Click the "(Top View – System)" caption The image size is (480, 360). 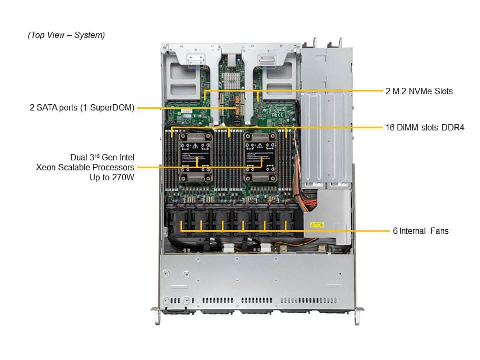pos(66,35)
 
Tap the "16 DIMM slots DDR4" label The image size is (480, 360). pos(425,127)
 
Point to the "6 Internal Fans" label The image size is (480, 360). pos(420,231)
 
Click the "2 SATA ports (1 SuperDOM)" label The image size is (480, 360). pos(82,107)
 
